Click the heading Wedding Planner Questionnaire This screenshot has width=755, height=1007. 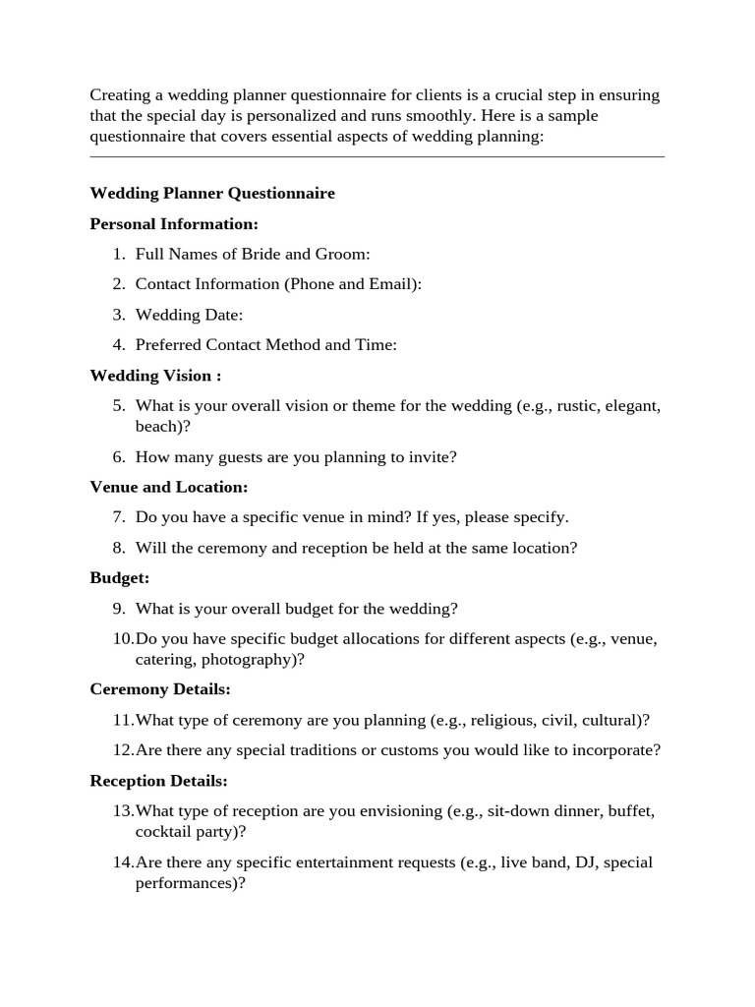[212, 194]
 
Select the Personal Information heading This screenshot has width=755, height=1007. [174, 224]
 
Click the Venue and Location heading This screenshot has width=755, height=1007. [169, 487]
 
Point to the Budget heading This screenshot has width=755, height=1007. [120, 578]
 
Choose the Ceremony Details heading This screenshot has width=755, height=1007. [160, 689]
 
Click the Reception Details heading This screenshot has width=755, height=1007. [159, 781]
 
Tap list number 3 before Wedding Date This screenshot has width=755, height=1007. [118, 315]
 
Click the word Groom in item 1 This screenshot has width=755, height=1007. [340, 255]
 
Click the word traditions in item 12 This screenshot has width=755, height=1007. [318, 750]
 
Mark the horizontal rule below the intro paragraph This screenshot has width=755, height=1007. [377, 156]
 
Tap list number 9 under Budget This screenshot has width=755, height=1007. [118, 609]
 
